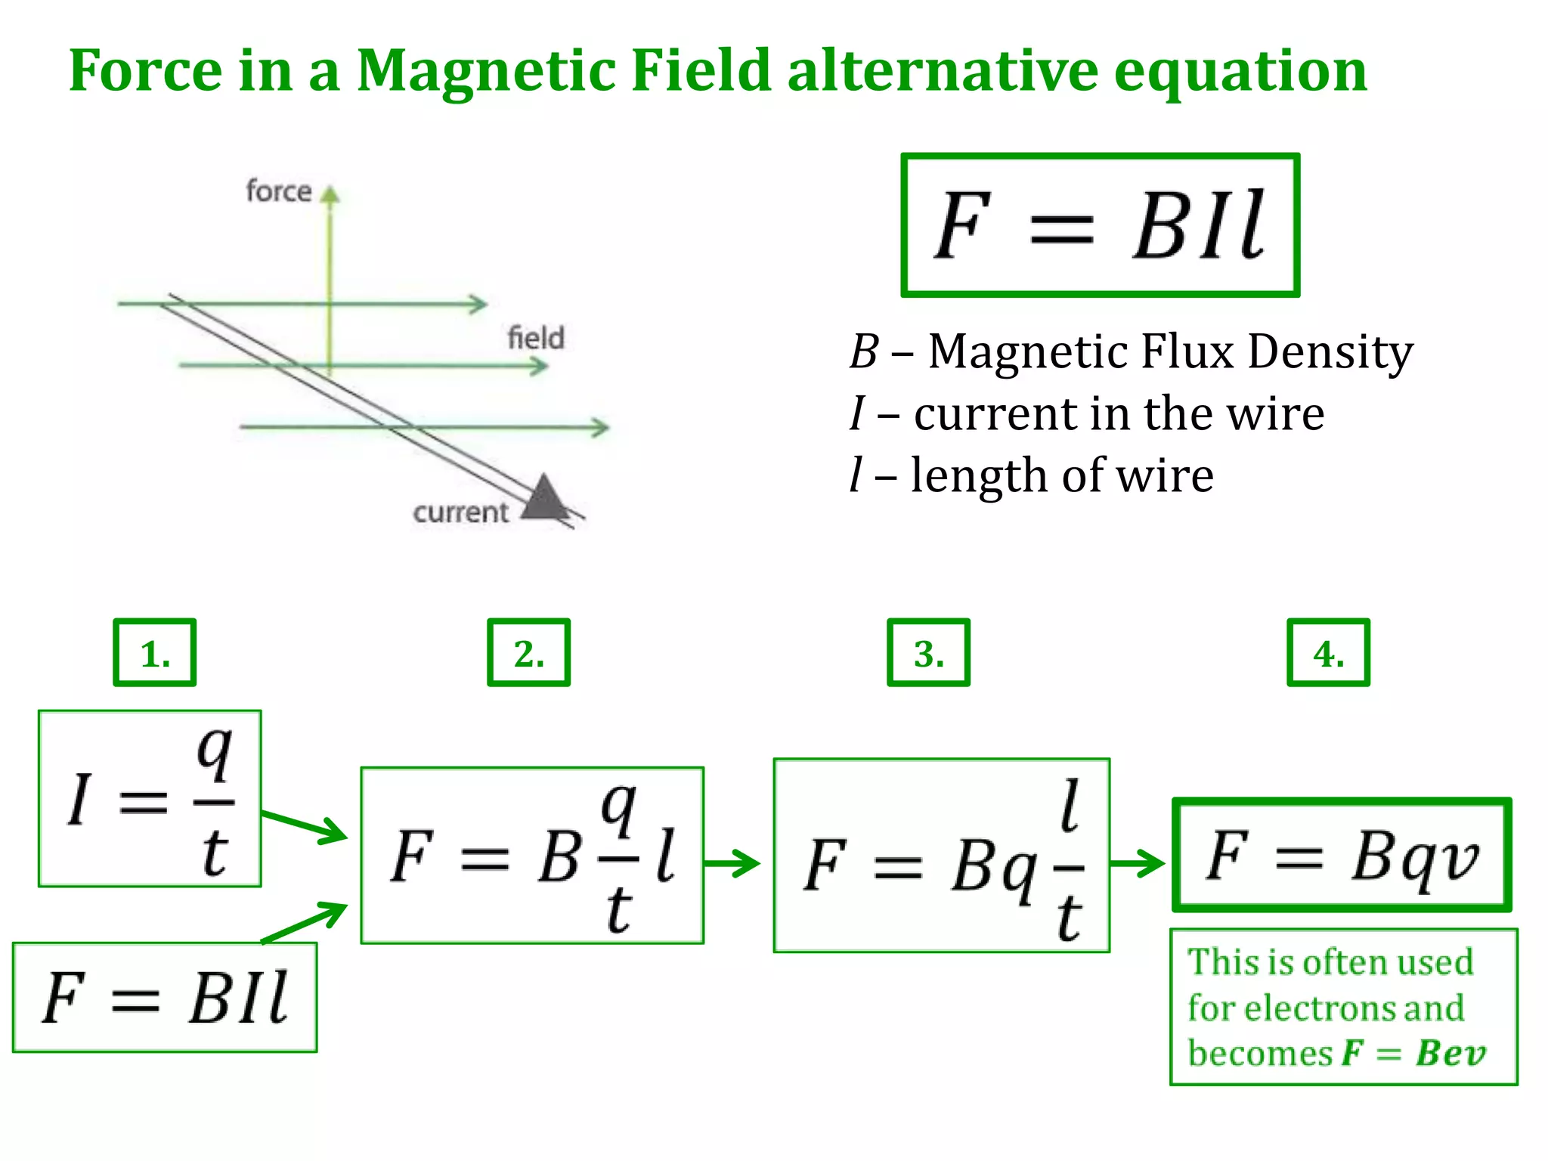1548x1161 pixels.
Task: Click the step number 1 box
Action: [x=154, y=652]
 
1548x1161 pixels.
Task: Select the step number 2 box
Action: [x=528, y=652]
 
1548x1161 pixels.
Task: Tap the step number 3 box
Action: [x=928, y=652]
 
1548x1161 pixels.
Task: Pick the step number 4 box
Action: [x=1328, y=652]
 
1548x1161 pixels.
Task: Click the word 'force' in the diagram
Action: [x=278, y=191]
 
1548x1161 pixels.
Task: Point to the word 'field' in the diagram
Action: [x=536, y=337]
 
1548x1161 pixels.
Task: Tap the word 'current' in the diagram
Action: [x=460, y=512]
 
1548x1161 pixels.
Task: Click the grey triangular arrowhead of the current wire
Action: [x=544, y=498]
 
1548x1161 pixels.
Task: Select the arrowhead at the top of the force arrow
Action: [x=330, y=194]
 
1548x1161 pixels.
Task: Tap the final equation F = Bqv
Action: [x=1342, y=855]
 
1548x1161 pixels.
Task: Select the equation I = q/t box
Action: [x=150, y=798]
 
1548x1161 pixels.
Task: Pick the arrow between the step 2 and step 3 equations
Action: [x=732, y=862]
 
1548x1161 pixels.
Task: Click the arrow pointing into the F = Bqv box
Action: [x=1138, y=862]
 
